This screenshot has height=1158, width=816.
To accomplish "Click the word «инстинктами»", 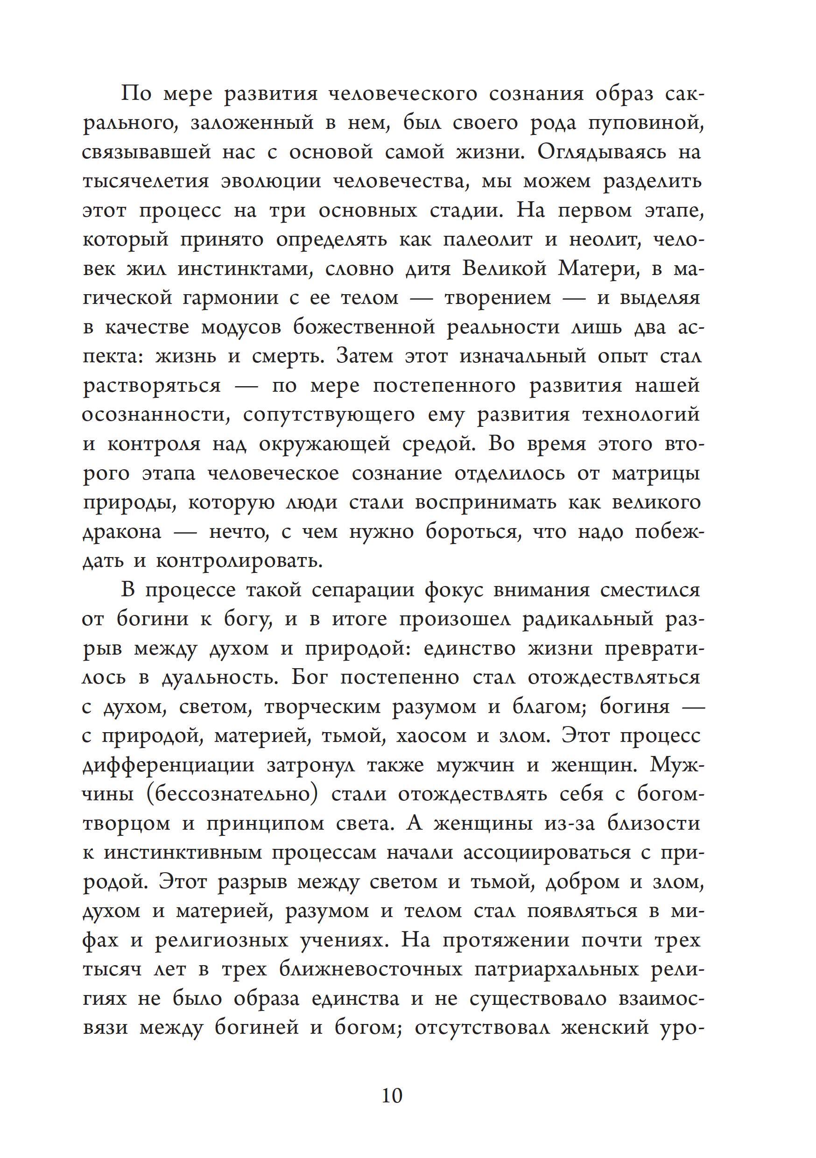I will click(x=244, y=269).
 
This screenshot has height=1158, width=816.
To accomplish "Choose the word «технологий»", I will click(x=641, y=415).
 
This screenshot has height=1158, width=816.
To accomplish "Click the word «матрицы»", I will click(x=655, y=473).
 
